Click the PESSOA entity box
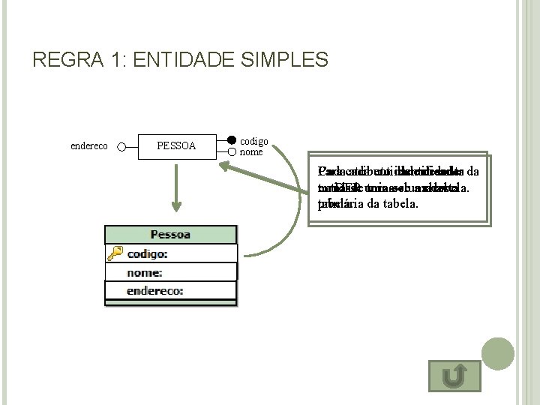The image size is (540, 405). [176, 145]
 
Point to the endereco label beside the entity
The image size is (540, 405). [88, 146]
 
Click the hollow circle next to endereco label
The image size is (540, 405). [121, 146]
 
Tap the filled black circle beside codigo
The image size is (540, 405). [232, 140]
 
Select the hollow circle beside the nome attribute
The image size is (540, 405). [232, 152]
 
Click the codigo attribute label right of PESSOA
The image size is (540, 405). [253, 141]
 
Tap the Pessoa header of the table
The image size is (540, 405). [170, 235]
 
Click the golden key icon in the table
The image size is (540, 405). [115, 253]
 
